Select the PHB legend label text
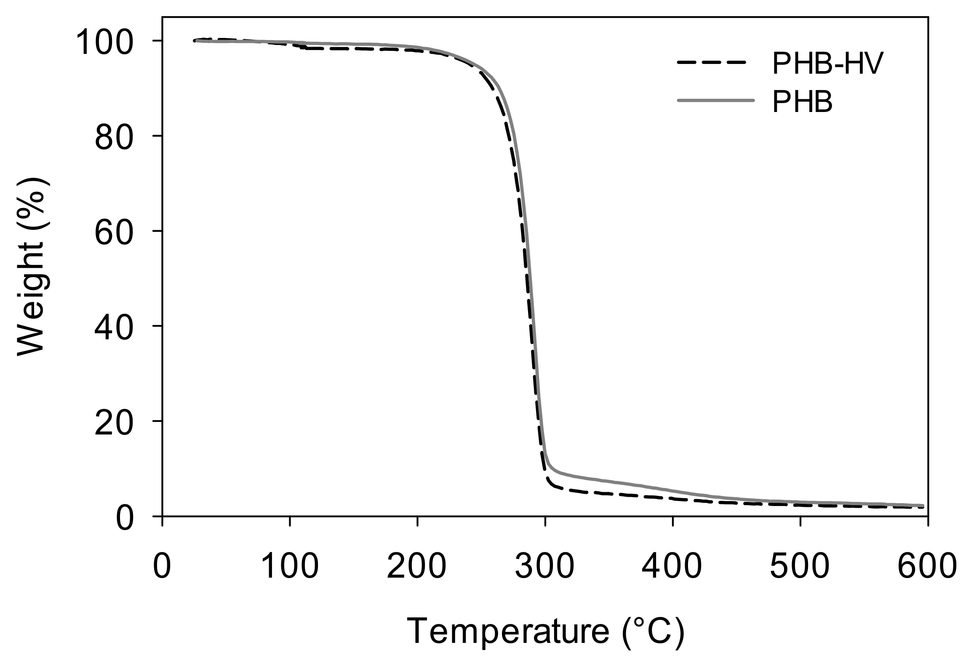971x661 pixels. pyautogui.click(x=802, y=103)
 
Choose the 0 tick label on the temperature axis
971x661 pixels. pyautogui.click(x=162, y=566)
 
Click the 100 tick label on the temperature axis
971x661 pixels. pyautogui.click(x=290, y=566)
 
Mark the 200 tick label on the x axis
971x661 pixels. pyautogui.click(x=417, y=566)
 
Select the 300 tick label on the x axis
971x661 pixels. pyautogui.click(x=545, y=566)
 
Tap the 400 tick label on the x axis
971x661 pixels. pyautogui.click(x=673, y=566)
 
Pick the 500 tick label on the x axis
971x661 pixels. pyautogui.click(x=800, y=566)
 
